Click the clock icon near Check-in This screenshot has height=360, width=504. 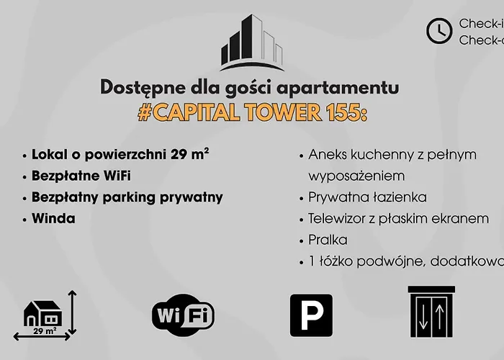tap(439, 31)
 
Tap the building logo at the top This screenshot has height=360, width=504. tap(251, 42)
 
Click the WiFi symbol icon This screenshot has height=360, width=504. tap(183, 315)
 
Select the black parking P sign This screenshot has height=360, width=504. tap(311, 315)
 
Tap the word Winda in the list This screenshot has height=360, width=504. tap(53, 218)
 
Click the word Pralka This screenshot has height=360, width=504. tap(328, 240)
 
